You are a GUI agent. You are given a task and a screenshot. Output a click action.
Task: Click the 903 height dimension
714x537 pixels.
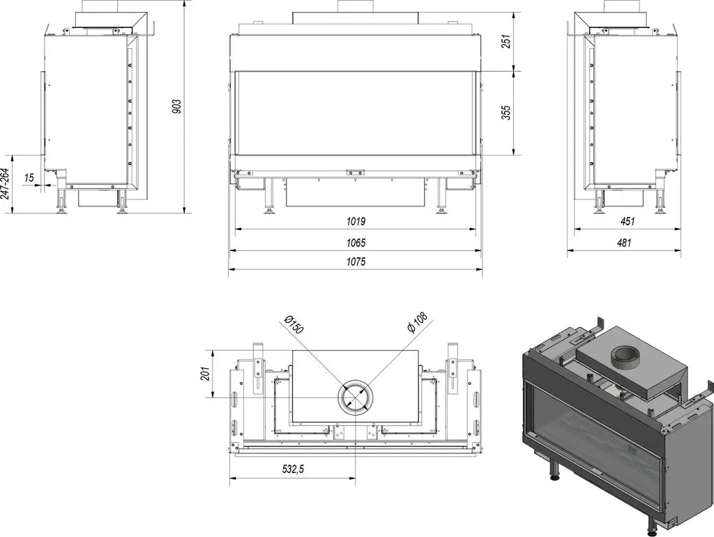pos(178,106)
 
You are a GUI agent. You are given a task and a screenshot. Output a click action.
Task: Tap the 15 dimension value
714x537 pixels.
pos(29,177)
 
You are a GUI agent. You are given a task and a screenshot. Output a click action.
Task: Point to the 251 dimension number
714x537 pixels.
pos(506,41)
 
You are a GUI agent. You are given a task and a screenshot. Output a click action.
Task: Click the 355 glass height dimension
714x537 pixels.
pos(506,112)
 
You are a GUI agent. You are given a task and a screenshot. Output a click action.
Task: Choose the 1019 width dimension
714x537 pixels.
pos(356,222)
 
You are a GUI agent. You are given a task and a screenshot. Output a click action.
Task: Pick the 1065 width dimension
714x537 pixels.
pos(356,243)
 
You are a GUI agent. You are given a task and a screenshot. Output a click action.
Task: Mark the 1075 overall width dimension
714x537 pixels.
pos(356,262)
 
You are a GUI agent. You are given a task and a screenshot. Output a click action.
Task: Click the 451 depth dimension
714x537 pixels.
pos(627,222)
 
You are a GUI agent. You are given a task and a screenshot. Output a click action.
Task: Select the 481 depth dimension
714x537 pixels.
pos(624,243)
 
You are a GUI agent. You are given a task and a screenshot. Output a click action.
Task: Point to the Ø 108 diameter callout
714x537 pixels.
pos(418,322)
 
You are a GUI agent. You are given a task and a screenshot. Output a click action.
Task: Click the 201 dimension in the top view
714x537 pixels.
pos(205,374)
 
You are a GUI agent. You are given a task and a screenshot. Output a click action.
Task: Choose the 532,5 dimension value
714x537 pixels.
pos(292,469)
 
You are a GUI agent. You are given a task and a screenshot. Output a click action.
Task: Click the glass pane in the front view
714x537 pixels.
pos(356,113)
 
